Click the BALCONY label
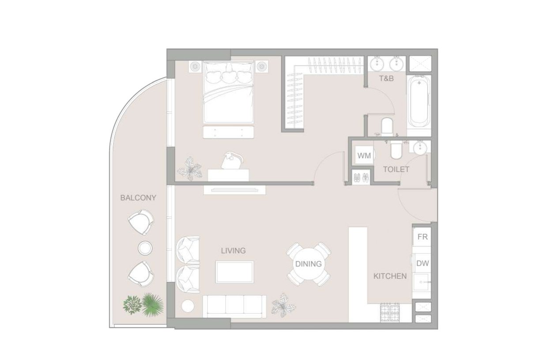[138, 198]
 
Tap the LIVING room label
[233, 251]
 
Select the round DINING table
[308, 264]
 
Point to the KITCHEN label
[390, 277]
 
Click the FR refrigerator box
[422, 237]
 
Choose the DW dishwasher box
[423, 263]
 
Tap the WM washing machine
[364, 155]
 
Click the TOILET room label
[396, 169]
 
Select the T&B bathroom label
[386, 79]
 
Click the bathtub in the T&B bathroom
[419, 101]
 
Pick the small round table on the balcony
[145, 248]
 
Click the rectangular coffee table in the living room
[234, 272]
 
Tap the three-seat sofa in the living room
[234, 305]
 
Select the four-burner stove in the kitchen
[390, 312]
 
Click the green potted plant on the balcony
[144, 304]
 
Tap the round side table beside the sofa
[188, 306]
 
